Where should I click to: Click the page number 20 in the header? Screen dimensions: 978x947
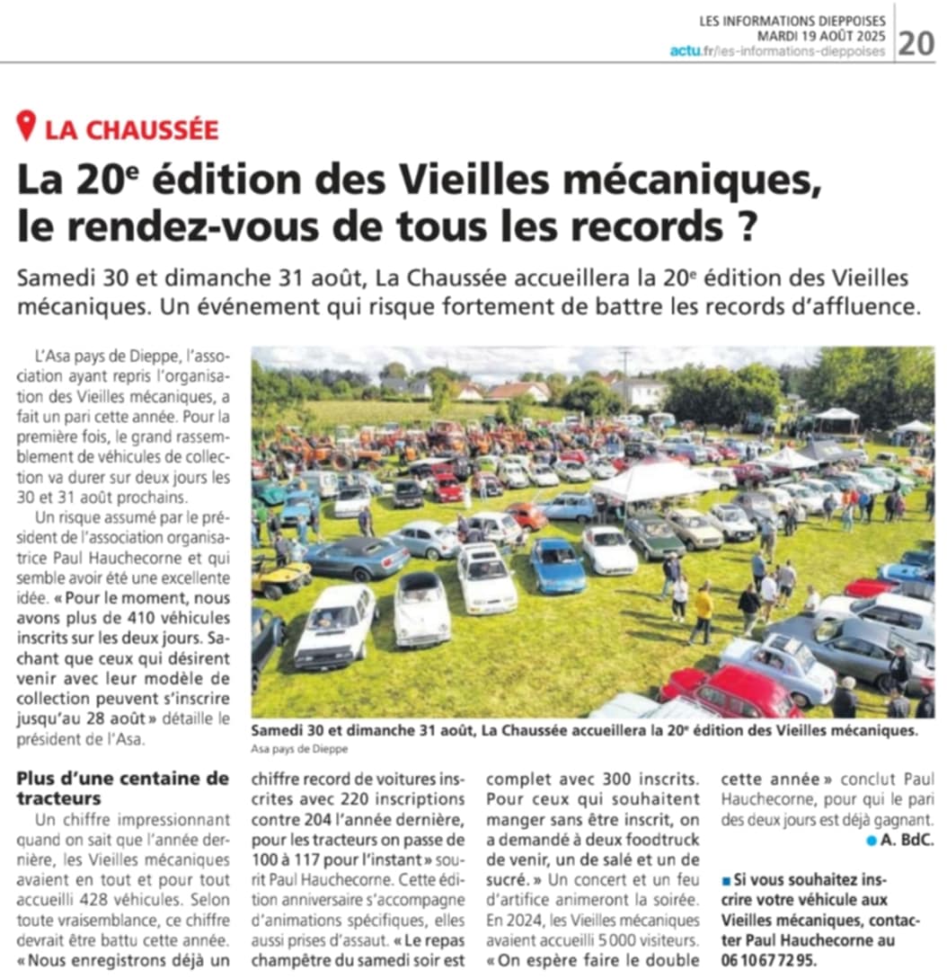[x=916, y=42]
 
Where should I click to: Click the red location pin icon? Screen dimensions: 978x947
[x=27, y=126]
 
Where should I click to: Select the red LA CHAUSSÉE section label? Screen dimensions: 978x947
[x=131, y=129]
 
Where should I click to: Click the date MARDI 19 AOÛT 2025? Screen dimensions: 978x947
[x=821, y=36]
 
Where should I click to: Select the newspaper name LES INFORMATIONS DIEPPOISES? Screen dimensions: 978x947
[x=792, y=21]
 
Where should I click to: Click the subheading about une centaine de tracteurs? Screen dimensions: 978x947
[x=122, y=788]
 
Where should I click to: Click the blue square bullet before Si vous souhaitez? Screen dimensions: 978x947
[x=726, y=877]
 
